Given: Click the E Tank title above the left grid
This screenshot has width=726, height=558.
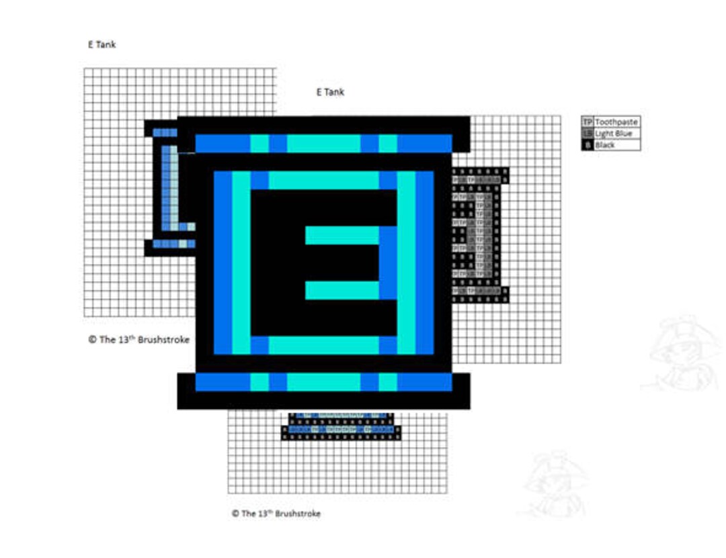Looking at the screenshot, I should coord(102,45).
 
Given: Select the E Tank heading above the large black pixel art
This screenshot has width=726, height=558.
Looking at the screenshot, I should coord(330,92).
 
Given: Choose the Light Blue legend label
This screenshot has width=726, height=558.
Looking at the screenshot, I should coord(613,134).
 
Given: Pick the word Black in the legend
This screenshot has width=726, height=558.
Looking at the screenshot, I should coord(605,145).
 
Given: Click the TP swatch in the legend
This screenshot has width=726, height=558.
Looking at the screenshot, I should coord(588,122).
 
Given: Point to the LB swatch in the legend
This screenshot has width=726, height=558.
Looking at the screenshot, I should coord(588,134).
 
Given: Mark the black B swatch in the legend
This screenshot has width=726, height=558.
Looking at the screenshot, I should coord(588,145).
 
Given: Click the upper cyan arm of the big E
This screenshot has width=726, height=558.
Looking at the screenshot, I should coord(342,235).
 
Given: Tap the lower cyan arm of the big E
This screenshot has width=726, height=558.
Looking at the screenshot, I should coord(342,290).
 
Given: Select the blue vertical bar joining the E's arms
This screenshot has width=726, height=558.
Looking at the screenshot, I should coord(389,263).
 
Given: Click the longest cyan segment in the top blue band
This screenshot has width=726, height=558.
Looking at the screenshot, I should coord(323,144).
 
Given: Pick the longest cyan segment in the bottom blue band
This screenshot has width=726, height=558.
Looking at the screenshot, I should coord(323,382).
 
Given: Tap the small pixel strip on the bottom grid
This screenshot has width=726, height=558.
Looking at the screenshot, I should coord(342,426).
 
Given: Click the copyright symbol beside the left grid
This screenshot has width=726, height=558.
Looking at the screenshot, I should coord(92,339).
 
